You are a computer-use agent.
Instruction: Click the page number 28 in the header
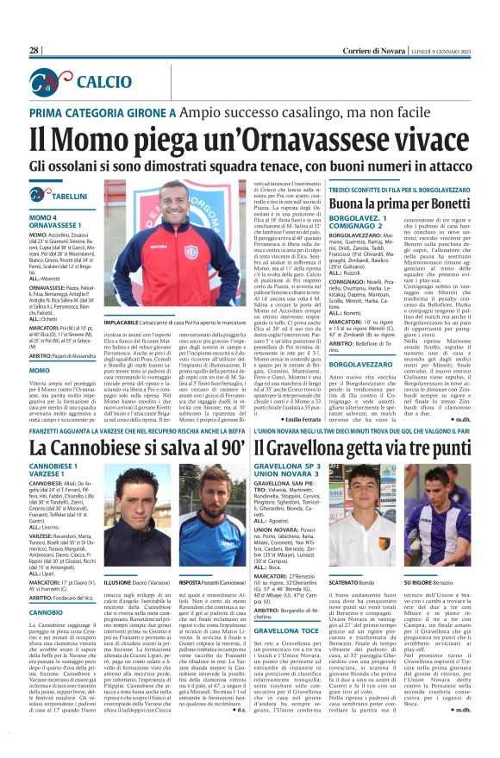click(34, 51)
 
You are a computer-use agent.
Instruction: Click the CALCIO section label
click(104, 82)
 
